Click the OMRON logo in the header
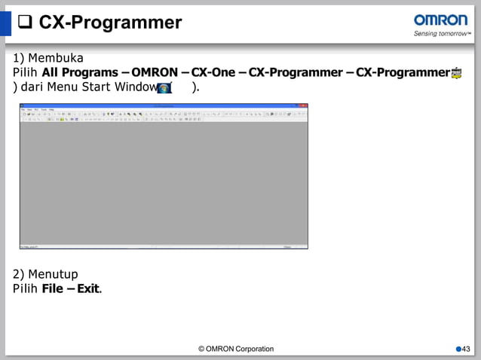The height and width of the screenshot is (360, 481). pos(441,20)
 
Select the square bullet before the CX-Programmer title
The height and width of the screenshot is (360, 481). pos(25,23)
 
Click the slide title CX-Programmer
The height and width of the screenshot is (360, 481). pos(110,23)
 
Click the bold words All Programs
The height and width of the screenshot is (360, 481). pos(79,72)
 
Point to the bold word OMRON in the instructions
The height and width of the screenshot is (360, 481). pos(155,72)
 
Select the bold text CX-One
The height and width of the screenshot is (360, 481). pos(213,72)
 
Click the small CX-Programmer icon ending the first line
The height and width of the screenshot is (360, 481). pos(456,73)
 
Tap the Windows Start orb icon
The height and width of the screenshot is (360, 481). pos(164,87)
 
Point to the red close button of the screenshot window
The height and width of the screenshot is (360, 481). pos(305,106)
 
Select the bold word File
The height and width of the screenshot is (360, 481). pos(53,288)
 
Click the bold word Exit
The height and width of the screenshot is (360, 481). pos(87,288)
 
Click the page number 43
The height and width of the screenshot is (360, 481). pos(466,349)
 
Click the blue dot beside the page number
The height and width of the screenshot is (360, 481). pos(458,349)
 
